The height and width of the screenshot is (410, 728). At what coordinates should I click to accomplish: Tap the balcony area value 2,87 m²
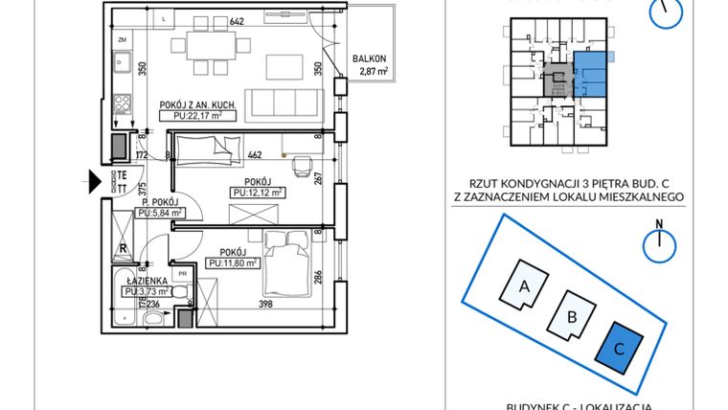tap(368, 71)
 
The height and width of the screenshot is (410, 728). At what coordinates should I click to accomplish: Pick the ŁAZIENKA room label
tap(144, 280)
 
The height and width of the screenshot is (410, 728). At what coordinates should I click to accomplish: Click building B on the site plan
tap(571, 316)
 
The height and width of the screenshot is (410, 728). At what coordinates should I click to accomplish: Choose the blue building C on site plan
tap(619, 349)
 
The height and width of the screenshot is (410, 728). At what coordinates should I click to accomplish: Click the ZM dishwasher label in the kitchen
tap(123, 40)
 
